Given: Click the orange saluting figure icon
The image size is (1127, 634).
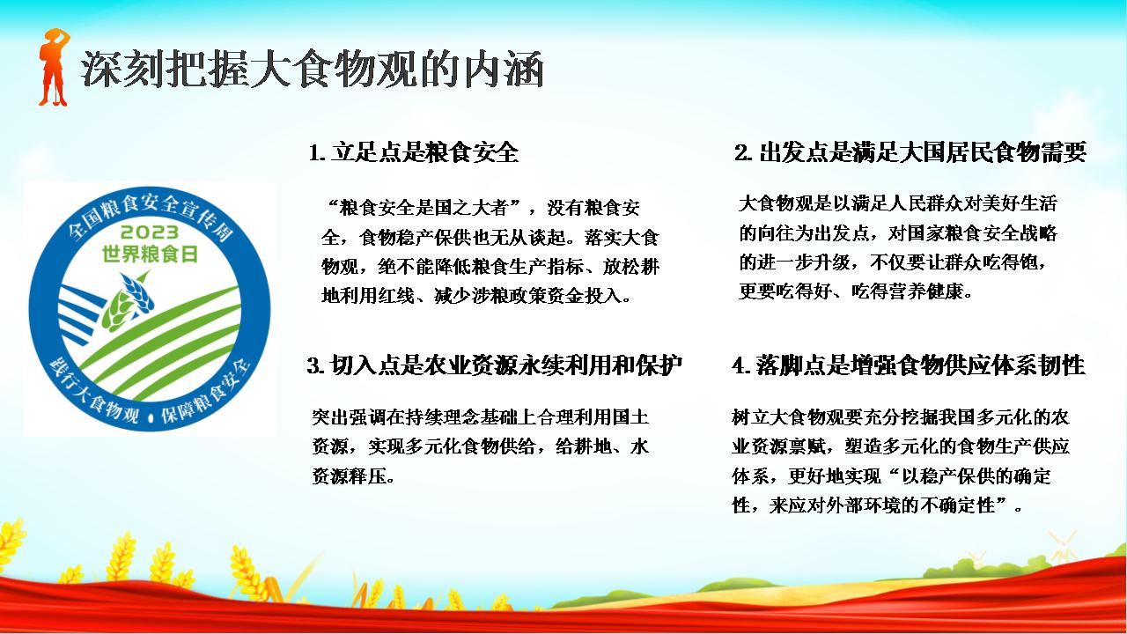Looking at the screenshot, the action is pos(54,67).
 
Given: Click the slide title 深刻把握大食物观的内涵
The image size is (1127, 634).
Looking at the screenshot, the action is pos(312,70).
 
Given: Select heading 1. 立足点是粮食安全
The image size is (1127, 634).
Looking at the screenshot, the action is pos(413,152).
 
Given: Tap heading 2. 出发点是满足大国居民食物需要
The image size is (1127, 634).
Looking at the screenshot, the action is pos(910,152).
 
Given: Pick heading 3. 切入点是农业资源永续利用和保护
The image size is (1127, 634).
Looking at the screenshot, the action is pos(495,365).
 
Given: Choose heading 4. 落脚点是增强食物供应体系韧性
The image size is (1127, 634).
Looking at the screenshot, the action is pos(909,365).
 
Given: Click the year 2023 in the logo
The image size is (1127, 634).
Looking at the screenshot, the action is pos(150,232).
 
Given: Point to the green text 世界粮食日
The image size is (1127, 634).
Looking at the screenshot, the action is pos(150,254).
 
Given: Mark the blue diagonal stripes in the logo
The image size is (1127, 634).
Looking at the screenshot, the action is pos(80,314).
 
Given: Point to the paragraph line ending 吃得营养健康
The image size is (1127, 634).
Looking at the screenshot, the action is pos(856,291).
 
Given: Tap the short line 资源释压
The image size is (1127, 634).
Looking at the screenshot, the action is pos(353,475).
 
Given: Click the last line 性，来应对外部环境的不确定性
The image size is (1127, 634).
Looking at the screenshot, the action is pos(878,505).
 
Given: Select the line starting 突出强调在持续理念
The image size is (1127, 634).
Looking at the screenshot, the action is pos(481,417).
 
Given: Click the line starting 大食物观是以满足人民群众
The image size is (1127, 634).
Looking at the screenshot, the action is pos(898,203).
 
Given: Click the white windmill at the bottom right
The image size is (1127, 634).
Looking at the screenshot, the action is pos(1063,547).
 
